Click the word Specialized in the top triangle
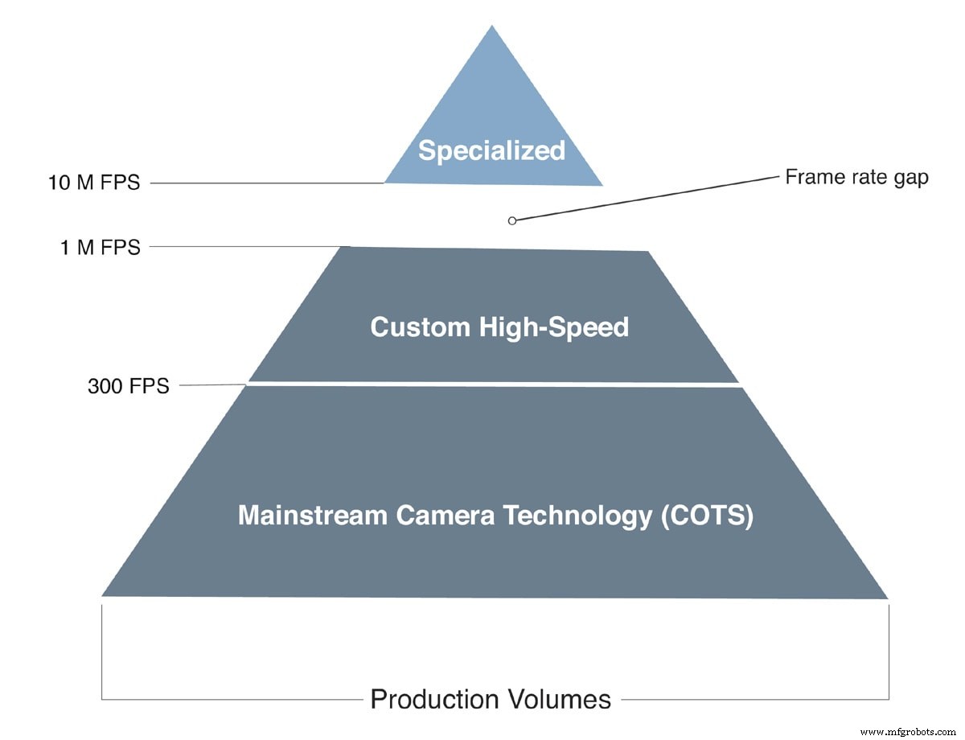pos(492,150)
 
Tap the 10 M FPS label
pos(94,183)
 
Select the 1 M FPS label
pos(100,248)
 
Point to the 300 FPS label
pos(129,386)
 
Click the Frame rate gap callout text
pos(856,177)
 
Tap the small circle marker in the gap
pos(512,220)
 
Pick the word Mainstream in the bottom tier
pos(311,516)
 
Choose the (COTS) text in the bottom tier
pos(707,516)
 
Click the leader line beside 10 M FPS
pos(265,183)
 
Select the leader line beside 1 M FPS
pos(249,246)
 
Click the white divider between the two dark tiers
pos(494,384)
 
